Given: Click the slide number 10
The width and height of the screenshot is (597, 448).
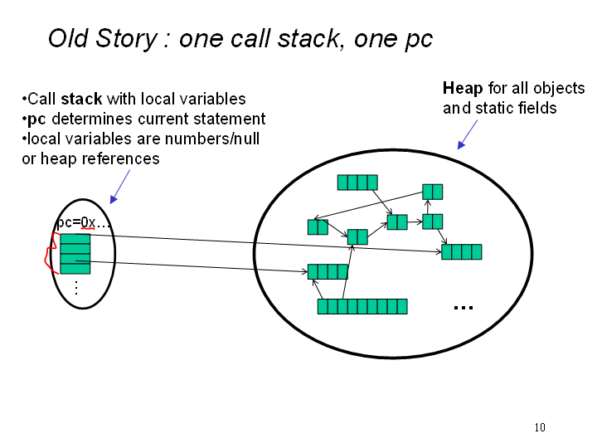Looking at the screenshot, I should tap(540, 427).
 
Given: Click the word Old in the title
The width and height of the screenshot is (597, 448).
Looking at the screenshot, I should tap(69, 39).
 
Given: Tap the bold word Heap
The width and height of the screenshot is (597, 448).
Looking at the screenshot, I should tap(463, 89).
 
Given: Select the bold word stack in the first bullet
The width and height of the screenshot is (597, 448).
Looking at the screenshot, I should tap(82, 100).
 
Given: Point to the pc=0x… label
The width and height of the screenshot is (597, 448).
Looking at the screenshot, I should tap(83, 224).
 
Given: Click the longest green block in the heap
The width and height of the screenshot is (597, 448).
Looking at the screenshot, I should tap(362, 306).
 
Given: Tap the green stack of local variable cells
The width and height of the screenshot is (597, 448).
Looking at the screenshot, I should tap(75, 253).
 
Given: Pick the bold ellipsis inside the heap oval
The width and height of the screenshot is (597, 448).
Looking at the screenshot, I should tap(463, 307).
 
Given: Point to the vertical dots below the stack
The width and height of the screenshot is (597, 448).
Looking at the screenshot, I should tap(75, 288).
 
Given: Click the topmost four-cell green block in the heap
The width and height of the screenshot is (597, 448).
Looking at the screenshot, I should tap(357, 183).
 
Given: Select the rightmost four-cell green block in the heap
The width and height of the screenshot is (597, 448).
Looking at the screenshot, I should tap(461, 251).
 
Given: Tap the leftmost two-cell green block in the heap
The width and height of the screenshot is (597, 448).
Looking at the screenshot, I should tap(318, 226).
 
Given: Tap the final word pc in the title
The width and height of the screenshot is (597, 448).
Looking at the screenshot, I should tap(417, 39).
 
